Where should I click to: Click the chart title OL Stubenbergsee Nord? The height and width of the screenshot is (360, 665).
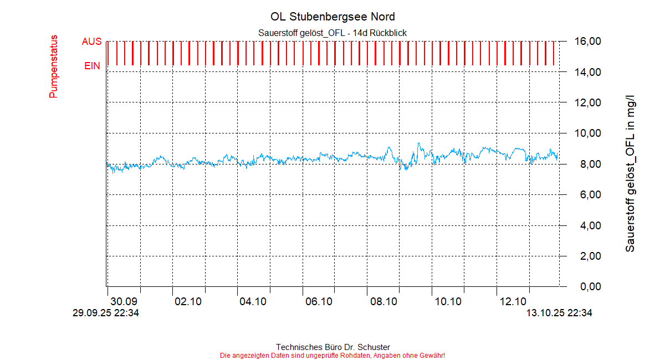click(x=332, y=17)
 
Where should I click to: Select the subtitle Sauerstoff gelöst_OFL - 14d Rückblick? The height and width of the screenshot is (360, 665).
click(x=332, y=33)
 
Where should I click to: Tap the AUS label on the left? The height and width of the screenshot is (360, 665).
click(x=91, y=42)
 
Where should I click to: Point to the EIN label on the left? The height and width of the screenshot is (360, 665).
click(x=93, y=66)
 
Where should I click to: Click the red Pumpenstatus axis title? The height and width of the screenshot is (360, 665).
click(x=54, y=66)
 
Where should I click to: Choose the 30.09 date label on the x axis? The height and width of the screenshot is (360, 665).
click(x=124, y=302)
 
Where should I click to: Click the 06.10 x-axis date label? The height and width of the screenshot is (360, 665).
click(x=319, y=302)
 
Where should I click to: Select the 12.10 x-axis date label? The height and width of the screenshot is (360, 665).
click(x=513, y=302)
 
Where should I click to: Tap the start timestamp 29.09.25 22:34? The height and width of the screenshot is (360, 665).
click(x=106, y=313)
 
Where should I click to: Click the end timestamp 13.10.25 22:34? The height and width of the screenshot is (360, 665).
click(x=559, y=313)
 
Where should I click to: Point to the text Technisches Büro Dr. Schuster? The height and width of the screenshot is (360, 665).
click(x=332, y=347)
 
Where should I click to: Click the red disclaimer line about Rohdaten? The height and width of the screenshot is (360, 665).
click(x=332, y=355)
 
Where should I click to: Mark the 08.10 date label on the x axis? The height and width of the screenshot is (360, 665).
click(x=383, y=302)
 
